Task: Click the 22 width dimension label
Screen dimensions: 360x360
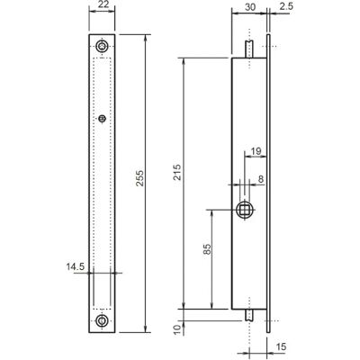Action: pyautogui.click(x=102, y=4)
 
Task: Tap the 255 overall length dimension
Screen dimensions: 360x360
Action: pyautogui.click(x=139, y=178)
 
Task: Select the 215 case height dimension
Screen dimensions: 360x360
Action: pyautogui.click(x=178, y=172)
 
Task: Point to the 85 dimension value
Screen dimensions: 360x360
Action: pyautogui.click(x=207, y=249)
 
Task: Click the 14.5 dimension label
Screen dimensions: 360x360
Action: pyautogui.click(x=76, y=266)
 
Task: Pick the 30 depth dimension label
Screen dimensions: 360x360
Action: pyautogui.click(x=250, y=7)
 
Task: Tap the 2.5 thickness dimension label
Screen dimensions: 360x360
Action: pyautogui.click(x=286, y=7)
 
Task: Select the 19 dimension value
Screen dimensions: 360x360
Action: pyautogui.click(x=256, y=151)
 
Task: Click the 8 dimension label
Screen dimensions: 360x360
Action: pyautogui.click(x=260, y=179)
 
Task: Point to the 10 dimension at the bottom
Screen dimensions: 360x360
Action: pyautogui.click(x=178, y=330)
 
